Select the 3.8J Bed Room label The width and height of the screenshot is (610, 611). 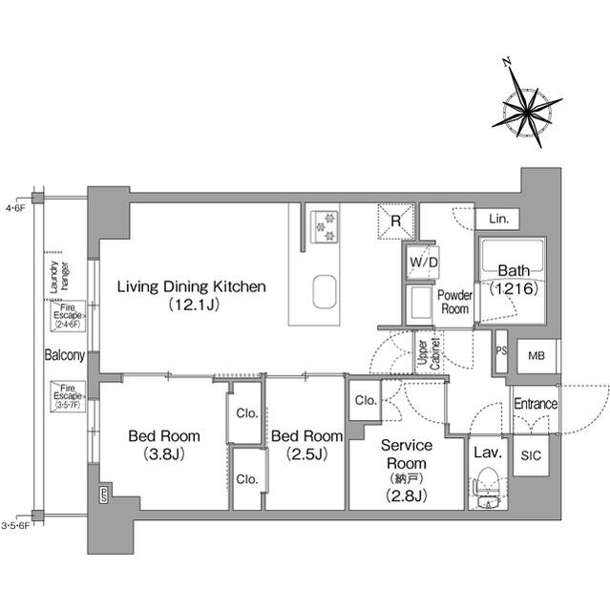[x=158, y=445]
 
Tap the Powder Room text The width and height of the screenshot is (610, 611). [x=454, y=302]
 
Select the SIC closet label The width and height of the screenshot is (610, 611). [x=530, y=455]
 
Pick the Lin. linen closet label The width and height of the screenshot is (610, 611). [x=497, y=219]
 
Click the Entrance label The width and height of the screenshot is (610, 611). [x=535, y=404]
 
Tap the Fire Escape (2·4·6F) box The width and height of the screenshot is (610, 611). [x=69, y=316]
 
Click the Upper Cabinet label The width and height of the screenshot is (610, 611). [x=427, y=352]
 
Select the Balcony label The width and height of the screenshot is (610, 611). [x=65, y=355]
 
